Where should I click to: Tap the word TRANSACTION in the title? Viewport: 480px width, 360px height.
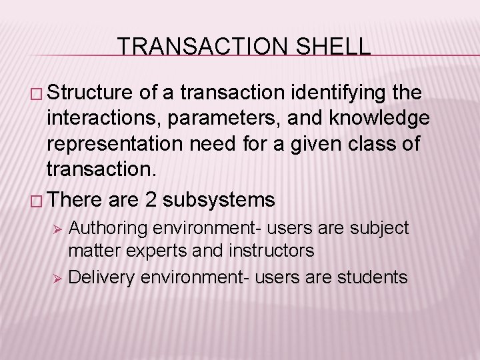[x=197, y=47]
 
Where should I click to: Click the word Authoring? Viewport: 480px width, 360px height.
[x=108, y=229]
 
